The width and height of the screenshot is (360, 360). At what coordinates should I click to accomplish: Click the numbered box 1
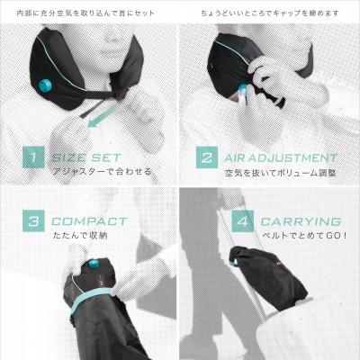pos(33,157)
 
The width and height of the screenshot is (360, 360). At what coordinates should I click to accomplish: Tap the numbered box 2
pos(207,157)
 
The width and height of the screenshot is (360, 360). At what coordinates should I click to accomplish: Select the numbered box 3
pos(33,220)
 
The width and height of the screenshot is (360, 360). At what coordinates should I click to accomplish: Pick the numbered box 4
pos(242,220)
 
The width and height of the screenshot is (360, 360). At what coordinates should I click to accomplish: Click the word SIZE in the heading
pos(69,157)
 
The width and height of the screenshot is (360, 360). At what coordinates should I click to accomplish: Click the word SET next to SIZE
pos(106,157)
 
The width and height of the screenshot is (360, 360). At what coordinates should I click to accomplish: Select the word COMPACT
pos(89,221)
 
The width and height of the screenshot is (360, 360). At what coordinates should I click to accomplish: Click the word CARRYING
pos(301,221)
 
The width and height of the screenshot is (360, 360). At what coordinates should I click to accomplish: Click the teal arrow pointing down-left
pos(102,116)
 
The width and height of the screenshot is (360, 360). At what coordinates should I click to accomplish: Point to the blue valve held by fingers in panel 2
pos(241,90)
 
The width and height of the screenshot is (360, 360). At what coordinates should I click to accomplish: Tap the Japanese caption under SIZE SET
pos(102,172)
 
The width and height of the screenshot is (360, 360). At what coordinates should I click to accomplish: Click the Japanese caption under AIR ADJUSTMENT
pos(280,173)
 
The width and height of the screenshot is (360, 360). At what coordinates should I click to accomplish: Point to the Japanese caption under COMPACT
pos(80,235)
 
